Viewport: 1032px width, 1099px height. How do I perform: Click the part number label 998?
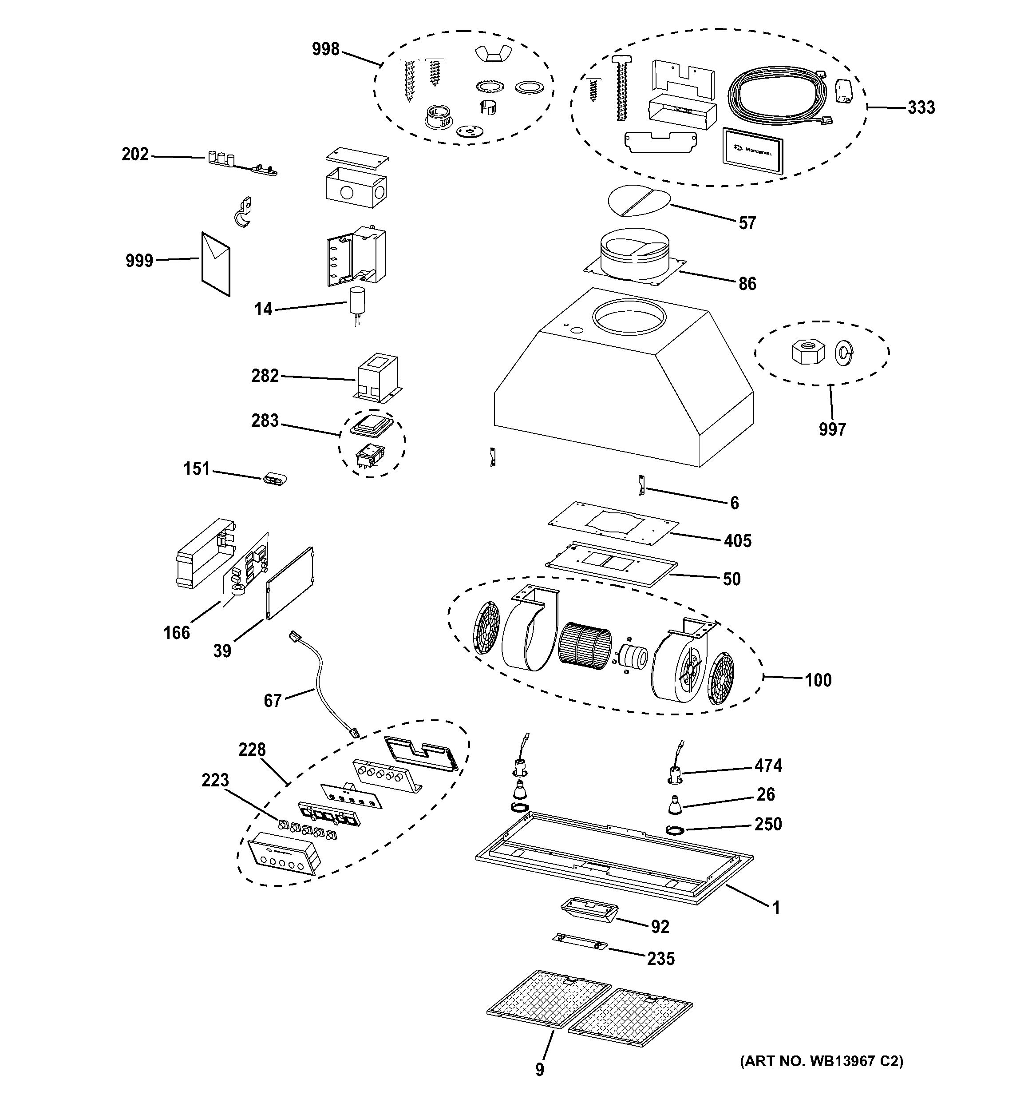(325, 49)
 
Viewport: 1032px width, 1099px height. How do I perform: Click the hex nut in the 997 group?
(808, 352)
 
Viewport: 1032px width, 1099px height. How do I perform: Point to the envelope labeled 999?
(215, 264)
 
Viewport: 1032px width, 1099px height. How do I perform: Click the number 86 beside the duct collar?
(747, 284)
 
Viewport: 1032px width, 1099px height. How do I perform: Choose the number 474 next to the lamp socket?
(768, 765)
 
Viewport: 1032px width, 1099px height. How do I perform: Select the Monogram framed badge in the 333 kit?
(752, 151)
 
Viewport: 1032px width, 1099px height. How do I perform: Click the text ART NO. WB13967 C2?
(821, 1060)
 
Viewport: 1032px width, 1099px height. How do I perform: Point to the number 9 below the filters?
(540, 1069)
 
